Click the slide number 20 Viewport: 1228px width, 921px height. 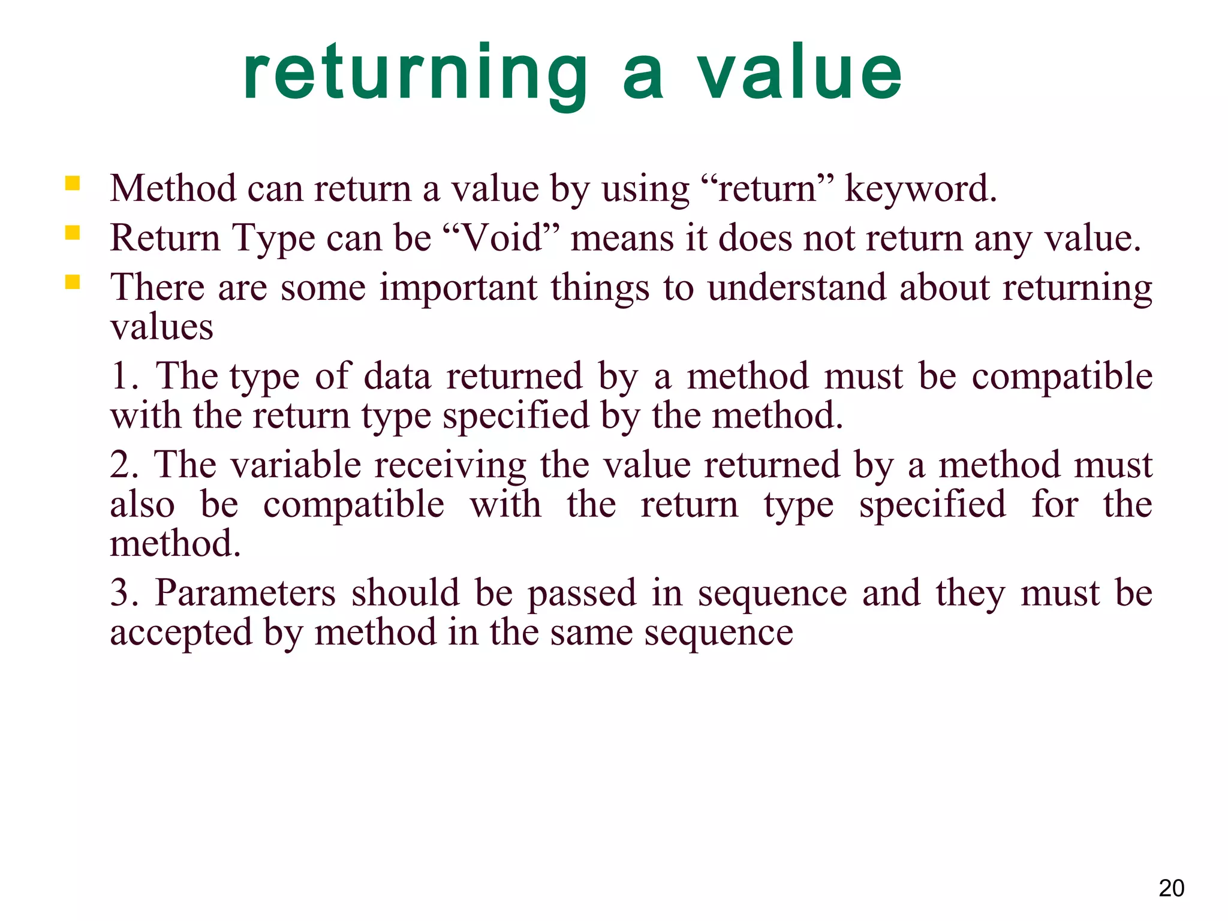tap(1171, 888)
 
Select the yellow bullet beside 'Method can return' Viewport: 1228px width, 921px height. tap(73, 183)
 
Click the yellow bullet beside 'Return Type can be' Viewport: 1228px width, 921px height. tap(73, 233)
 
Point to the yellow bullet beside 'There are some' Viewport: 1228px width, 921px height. tap(73, 282)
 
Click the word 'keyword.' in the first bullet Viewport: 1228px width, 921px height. tap(920, 189)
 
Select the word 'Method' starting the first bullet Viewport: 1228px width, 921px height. tap(173, 189)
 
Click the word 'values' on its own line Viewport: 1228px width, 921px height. tap(162, 327)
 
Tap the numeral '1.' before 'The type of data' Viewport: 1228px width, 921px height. tap(124, 377)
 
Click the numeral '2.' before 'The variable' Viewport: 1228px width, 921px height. tap(124, 465)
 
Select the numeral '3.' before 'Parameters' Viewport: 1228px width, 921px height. tap(124, 593)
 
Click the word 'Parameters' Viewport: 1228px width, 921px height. tap(245, 593)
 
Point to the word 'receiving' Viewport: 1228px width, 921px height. tap(450, 465)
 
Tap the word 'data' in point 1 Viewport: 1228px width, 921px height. tap(398, 377)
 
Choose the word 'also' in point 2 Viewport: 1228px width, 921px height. tap(142, 505)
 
